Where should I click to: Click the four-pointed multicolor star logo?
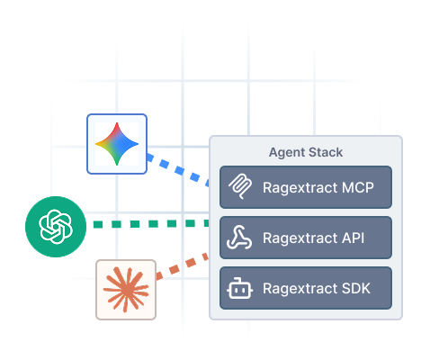click(x=117, y=144)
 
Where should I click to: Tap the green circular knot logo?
click(x=56, y=227)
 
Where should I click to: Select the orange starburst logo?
click(x=126, y=290)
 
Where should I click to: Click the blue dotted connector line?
click(x=178, y=170)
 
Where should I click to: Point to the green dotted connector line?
click(x=151, y=224)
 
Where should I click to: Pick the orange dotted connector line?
click(x=183, y=266)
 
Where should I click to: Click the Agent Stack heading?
click(x=306, y=152)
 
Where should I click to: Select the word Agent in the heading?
click(x=287, y=153)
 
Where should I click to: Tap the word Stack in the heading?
click(x=326, y=152)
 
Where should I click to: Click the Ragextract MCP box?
click(x=306, y=187)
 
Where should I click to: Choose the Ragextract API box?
click(x=306, y=238)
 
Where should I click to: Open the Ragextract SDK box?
click(x=306, y=288)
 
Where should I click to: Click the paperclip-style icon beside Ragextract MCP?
click(x=240, y=186)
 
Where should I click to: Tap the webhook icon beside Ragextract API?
click(x=239, y=238)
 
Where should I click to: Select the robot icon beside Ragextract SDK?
click(x=239, y=288)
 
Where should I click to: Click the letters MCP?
click(x=358, y=187)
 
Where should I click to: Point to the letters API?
click(x=353, y=238)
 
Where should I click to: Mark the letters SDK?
click(x=356, y=288)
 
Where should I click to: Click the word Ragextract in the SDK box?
click(x=300, y=289)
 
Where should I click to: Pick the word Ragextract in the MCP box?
click(x=300, y=188)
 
